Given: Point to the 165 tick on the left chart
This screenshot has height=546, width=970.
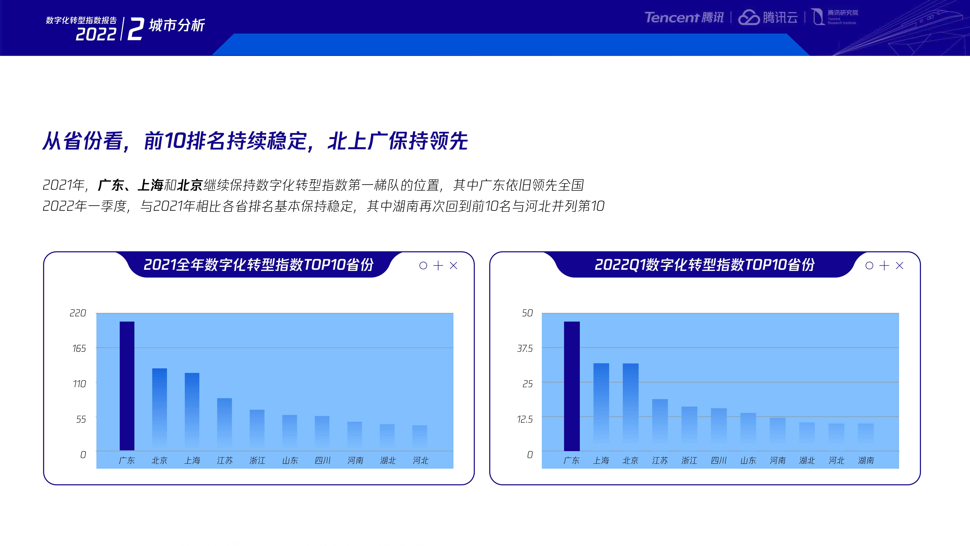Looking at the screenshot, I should [79, 349].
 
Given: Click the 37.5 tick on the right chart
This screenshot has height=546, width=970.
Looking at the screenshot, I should [525, 349].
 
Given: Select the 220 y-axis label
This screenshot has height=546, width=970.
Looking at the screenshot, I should [78, 313].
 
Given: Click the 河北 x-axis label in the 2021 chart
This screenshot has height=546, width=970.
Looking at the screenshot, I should [421, 460].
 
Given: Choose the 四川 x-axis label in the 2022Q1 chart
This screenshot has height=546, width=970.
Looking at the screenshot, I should [718, 460].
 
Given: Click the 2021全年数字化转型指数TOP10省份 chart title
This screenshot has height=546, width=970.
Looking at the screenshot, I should [258, 264].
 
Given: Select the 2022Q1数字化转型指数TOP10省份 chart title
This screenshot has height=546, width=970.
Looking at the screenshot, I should [704, 264].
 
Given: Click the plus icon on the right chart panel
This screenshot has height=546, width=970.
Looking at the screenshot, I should [884, 266].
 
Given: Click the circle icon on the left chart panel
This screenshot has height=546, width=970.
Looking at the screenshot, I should [423, 266].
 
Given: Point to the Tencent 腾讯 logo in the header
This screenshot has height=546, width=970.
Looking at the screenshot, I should [684, 17].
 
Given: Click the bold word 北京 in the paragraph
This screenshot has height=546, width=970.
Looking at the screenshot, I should [190, 185].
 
